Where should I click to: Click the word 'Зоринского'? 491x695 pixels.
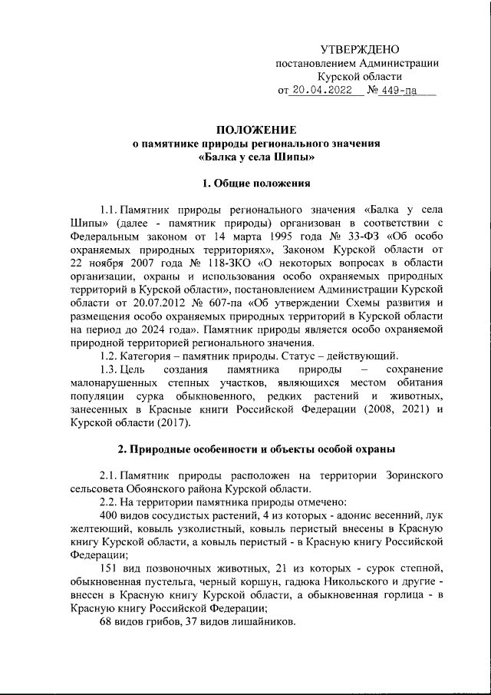(411, 476)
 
